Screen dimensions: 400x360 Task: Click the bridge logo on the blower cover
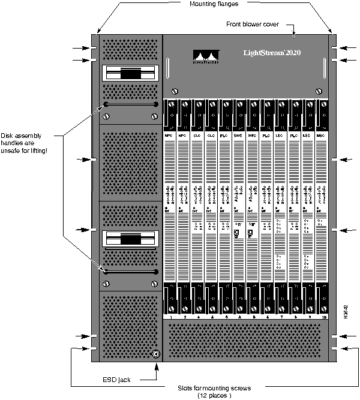coord(206,56)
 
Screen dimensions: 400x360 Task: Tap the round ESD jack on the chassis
coord(156,354)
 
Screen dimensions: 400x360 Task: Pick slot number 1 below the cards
coord(171,316)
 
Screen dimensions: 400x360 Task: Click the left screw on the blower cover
coord(175,91)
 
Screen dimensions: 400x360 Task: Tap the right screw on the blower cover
coord(318,91)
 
